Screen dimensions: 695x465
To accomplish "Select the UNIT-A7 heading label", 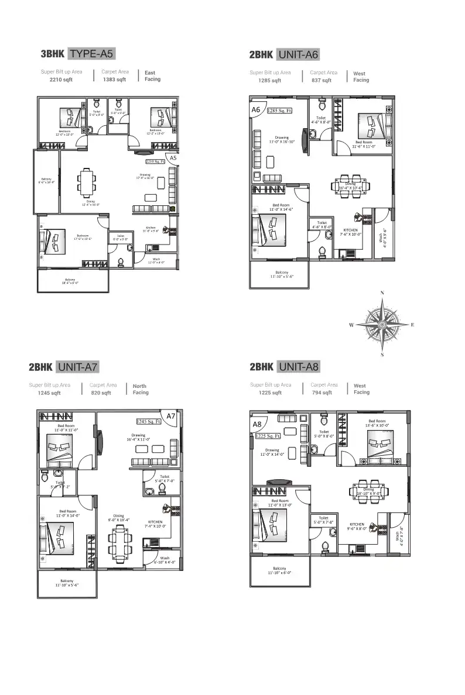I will coord(77,367).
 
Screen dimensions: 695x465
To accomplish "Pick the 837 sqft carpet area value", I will coord(322,80).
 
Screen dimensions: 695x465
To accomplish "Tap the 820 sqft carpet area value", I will coord(101,393).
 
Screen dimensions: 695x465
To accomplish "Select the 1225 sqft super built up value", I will coord(270,393).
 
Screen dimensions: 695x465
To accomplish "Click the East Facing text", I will coord(152,76).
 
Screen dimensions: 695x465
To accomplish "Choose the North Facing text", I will coord(140,390).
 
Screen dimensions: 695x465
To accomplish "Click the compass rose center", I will coord(382,324).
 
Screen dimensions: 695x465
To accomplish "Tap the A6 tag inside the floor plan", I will coord(256,109).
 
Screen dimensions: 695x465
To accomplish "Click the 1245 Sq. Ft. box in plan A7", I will coord(149,421).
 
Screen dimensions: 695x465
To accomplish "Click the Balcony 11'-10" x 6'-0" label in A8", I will coord(279,570).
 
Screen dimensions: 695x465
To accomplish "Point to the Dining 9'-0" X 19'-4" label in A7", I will coord(119,517).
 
